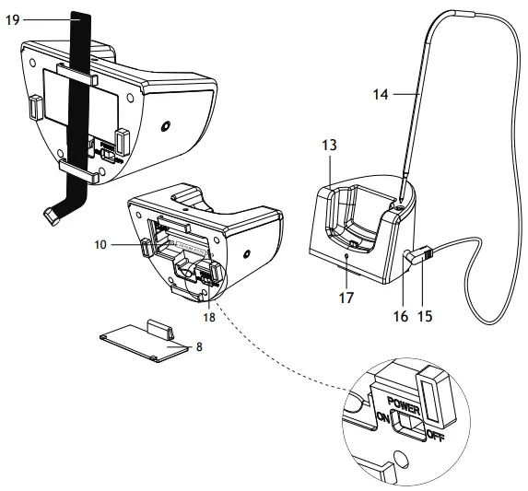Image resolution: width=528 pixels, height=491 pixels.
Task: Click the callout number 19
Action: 12,18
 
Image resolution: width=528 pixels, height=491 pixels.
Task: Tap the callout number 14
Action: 380,92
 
